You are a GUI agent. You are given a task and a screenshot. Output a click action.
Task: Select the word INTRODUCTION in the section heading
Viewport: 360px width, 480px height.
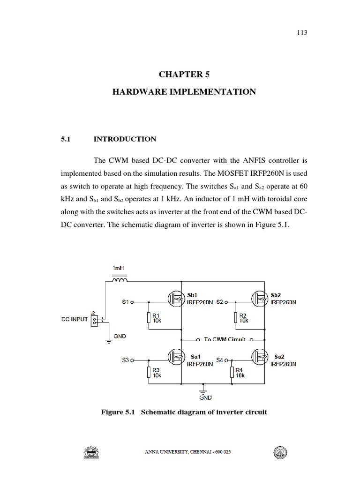click(125, 139)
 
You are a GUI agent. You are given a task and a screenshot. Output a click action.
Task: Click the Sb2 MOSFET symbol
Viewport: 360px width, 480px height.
click(260, 298)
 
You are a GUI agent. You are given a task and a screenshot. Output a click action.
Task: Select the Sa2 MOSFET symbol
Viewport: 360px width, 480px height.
click(260, 357)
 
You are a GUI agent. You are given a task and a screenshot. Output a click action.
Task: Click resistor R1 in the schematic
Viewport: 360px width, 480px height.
click(149, 319)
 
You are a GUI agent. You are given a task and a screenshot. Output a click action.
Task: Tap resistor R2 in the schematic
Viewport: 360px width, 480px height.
click(235, 319)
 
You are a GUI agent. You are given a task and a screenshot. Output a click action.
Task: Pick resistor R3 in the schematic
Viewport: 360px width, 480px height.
click(149, 373)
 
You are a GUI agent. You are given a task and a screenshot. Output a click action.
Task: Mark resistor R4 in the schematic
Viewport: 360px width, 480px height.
click(232, 373)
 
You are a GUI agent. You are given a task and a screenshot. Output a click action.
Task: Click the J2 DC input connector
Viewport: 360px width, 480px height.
click(94, 319)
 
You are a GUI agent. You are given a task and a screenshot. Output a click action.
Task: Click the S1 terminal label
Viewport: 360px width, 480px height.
click(125, 302)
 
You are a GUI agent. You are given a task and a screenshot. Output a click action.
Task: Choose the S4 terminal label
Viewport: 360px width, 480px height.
click(220, 360)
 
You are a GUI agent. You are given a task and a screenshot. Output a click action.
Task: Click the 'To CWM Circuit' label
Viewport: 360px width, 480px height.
click(225, 339)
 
